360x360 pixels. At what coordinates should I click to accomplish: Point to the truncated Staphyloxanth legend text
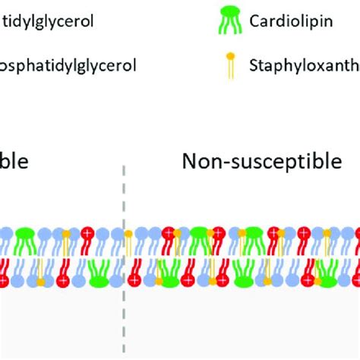tap(304, 65)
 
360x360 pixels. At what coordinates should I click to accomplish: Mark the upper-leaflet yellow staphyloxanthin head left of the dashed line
tap(67, 232)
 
